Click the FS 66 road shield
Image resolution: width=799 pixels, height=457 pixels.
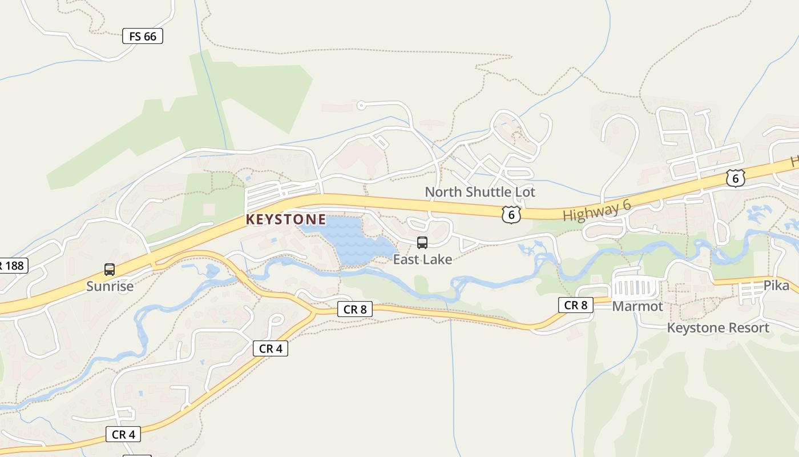coord(143,37)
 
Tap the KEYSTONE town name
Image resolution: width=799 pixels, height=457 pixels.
coord(286,219)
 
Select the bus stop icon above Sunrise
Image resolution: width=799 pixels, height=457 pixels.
coord(110,270)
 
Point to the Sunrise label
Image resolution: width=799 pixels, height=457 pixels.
coord(110,286)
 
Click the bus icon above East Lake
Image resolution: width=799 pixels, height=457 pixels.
coord(422,243)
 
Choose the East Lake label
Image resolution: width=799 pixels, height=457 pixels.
coord(422,259)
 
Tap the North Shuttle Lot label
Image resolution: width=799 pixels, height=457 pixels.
coord(480,192)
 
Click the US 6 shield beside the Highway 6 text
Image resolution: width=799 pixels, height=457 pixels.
coord(511,214)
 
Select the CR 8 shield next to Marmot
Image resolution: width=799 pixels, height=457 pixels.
coord(575,305)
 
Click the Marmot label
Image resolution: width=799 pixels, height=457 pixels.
coord(637,307)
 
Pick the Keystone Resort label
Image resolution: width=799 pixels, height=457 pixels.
coord(718,328)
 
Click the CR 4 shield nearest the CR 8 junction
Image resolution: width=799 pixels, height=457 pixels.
coord(271,348)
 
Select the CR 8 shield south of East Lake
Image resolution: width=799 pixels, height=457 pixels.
coord(355,310)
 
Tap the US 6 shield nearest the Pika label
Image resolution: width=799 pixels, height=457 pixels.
coord(736,178)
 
